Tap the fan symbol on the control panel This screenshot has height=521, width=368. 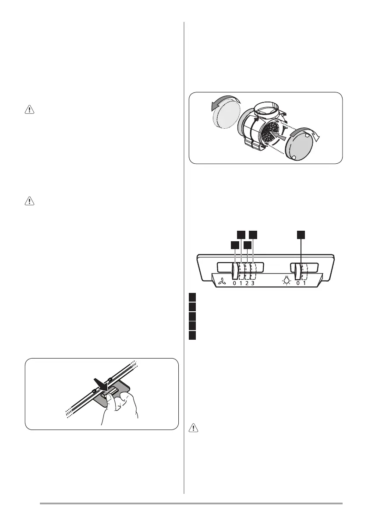[x=221, y=283]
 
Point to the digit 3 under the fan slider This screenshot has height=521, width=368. [x=253, y=283]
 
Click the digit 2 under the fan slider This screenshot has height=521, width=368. [x=247, y=283]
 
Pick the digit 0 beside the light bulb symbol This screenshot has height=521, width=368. [x=298, y=283]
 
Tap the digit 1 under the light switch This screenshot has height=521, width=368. [x=304, y=283]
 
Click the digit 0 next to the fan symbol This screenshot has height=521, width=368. [x=234, y=283]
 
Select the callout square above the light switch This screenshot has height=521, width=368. [x=301, y=235]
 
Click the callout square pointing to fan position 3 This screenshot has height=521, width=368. [x=253, y=235]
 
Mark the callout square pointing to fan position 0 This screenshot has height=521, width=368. [x=235, y=245]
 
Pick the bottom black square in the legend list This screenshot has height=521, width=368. [x=192, y=336]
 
